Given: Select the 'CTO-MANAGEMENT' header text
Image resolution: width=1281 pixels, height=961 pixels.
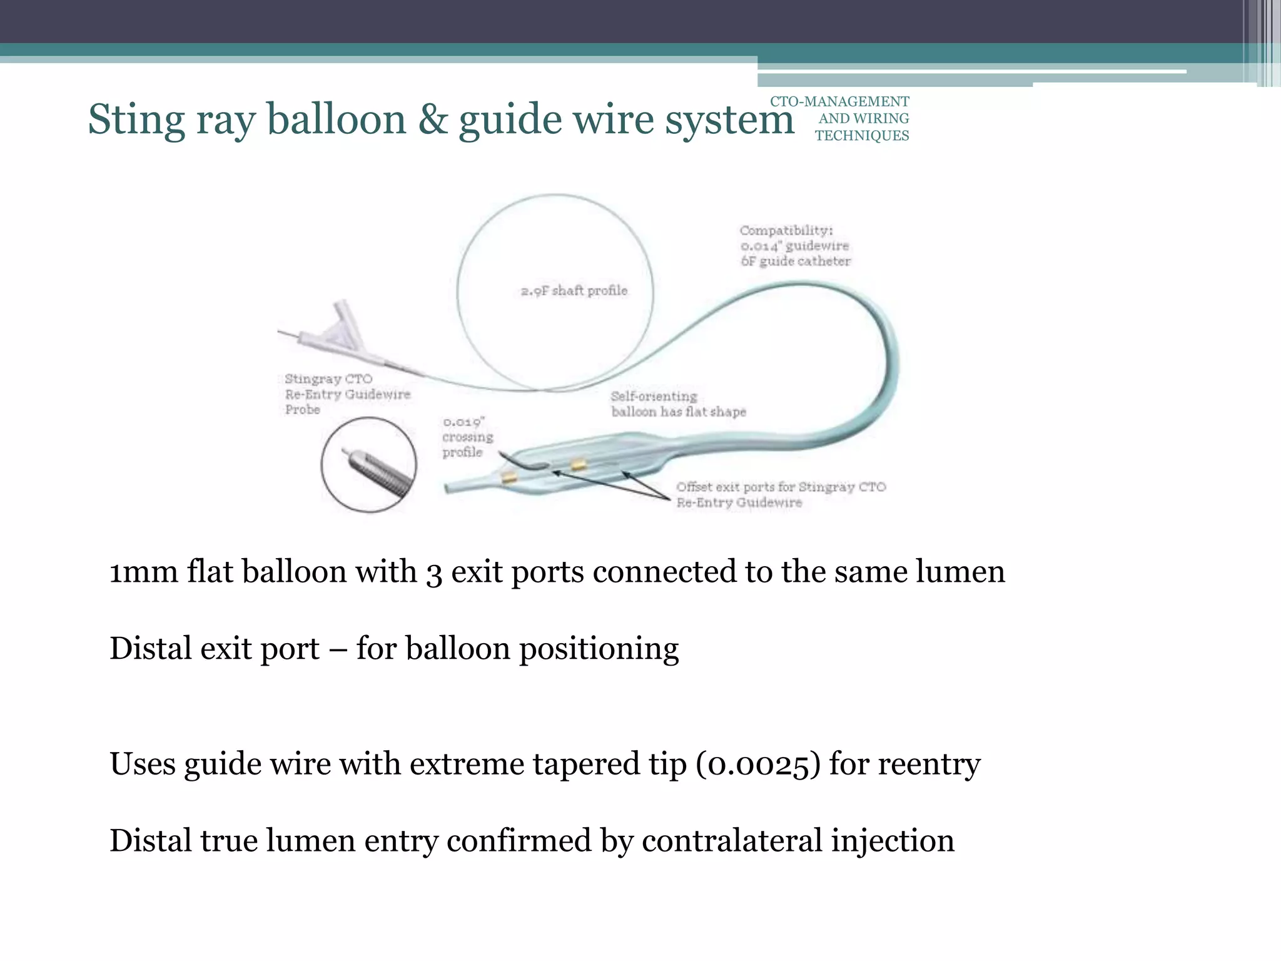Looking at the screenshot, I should [839, 101].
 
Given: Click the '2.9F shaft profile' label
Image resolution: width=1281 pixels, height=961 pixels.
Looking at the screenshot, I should [574, 290].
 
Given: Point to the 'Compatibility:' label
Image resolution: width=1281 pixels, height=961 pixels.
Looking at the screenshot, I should [786, 230].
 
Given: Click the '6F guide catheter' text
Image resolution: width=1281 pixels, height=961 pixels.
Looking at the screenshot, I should [796, 262].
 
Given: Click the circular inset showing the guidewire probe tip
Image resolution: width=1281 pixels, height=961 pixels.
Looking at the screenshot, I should [368, 465].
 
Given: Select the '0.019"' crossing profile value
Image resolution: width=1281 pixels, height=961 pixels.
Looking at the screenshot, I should [463, 422].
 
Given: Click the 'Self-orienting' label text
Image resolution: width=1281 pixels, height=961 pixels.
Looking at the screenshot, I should [654, 396].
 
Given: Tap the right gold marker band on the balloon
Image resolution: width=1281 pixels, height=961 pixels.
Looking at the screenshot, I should [578, 464].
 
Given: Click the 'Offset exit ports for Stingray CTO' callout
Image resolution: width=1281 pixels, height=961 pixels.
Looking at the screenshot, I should [781, 487].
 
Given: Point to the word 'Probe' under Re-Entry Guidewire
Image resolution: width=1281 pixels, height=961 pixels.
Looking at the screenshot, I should [303, 410].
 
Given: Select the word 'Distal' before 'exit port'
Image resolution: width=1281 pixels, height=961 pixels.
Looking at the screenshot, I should [150, 648].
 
